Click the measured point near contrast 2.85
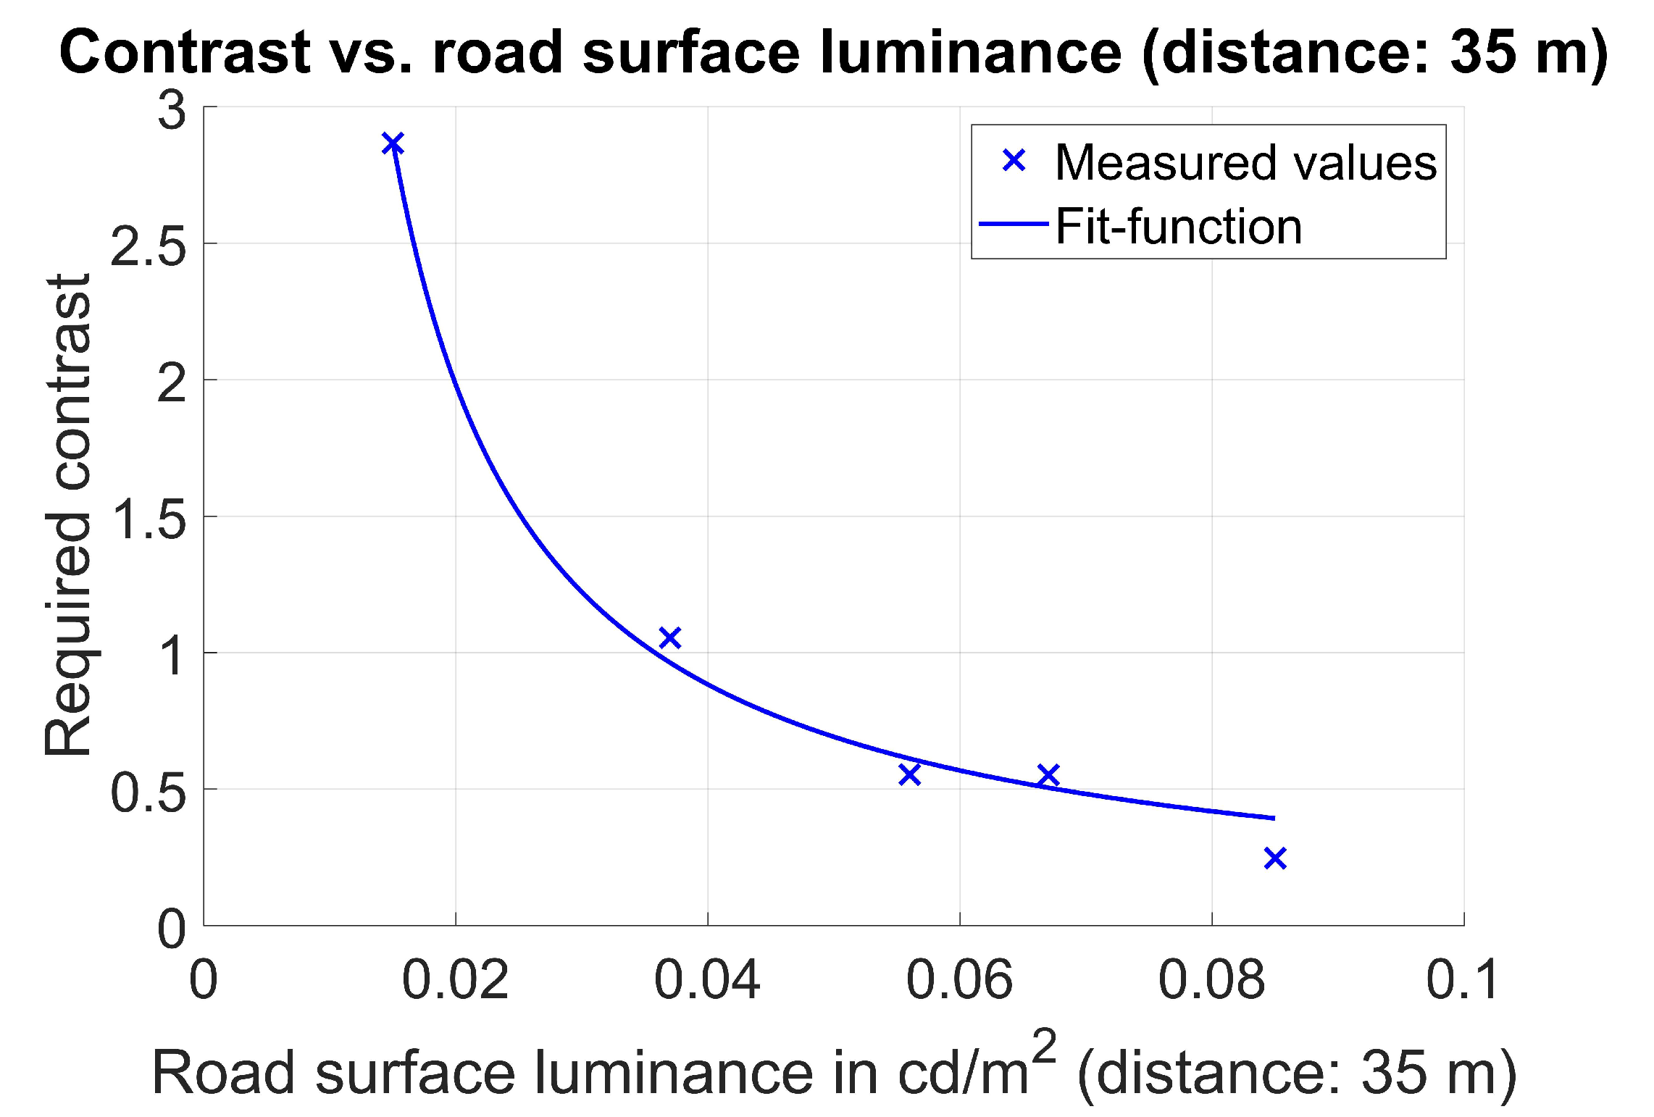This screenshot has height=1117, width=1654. click(392, 143)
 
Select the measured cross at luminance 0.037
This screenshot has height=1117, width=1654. click(669, 637)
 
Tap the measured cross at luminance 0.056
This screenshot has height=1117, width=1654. click(909, 774)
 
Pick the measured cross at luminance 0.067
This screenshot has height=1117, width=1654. click(1048, 775)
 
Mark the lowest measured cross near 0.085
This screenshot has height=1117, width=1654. click(1274, 858)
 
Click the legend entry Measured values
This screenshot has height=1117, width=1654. click(1245, 162)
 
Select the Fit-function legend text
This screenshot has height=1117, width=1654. click(1178, 227)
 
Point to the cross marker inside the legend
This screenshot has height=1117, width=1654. click(1014, 160)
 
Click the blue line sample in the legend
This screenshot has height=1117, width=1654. click(1014, 224)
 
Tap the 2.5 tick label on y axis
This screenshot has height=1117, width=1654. click(148, 248)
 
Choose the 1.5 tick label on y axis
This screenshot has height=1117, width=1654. click(148, 520)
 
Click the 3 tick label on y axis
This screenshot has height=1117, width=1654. click(172, 112)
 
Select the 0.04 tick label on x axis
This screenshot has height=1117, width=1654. click(706, 980)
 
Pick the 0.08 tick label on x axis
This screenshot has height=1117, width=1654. click(1211, 980)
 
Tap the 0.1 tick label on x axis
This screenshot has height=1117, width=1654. click(1462, 980)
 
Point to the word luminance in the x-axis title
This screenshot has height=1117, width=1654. click(673, 1073)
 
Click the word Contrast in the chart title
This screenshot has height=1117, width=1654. click(185, 52)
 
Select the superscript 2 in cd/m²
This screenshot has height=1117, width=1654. click(1044, 1046)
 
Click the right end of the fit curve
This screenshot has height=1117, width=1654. click(1272, 818)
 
